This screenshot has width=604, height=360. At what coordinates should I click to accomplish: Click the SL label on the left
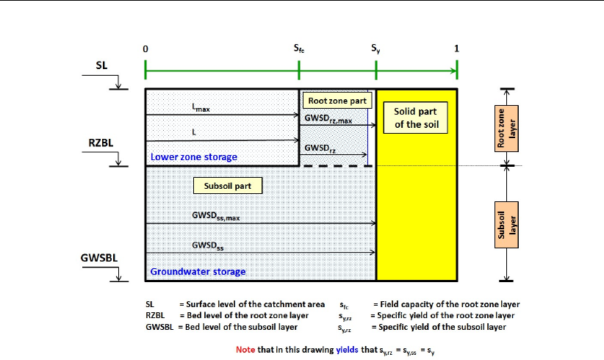[101, 65]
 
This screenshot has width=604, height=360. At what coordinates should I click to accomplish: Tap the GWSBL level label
[97, 259]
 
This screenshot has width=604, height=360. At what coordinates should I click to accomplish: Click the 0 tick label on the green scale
[145, 48]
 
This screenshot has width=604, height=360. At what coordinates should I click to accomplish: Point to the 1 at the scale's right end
[457, 48]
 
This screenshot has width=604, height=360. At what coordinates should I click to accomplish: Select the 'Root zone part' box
[337, 101]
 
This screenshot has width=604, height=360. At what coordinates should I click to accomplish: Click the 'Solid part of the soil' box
[415, 118]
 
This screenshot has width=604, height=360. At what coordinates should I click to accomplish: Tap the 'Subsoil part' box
[227, 186]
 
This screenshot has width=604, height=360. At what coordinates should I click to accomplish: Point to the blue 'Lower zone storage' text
[194, 156]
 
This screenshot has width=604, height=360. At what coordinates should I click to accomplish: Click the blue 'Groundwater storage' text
[198, 272]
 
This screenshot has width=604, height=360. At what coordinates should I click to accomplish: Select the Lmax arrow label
[201, 108]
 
